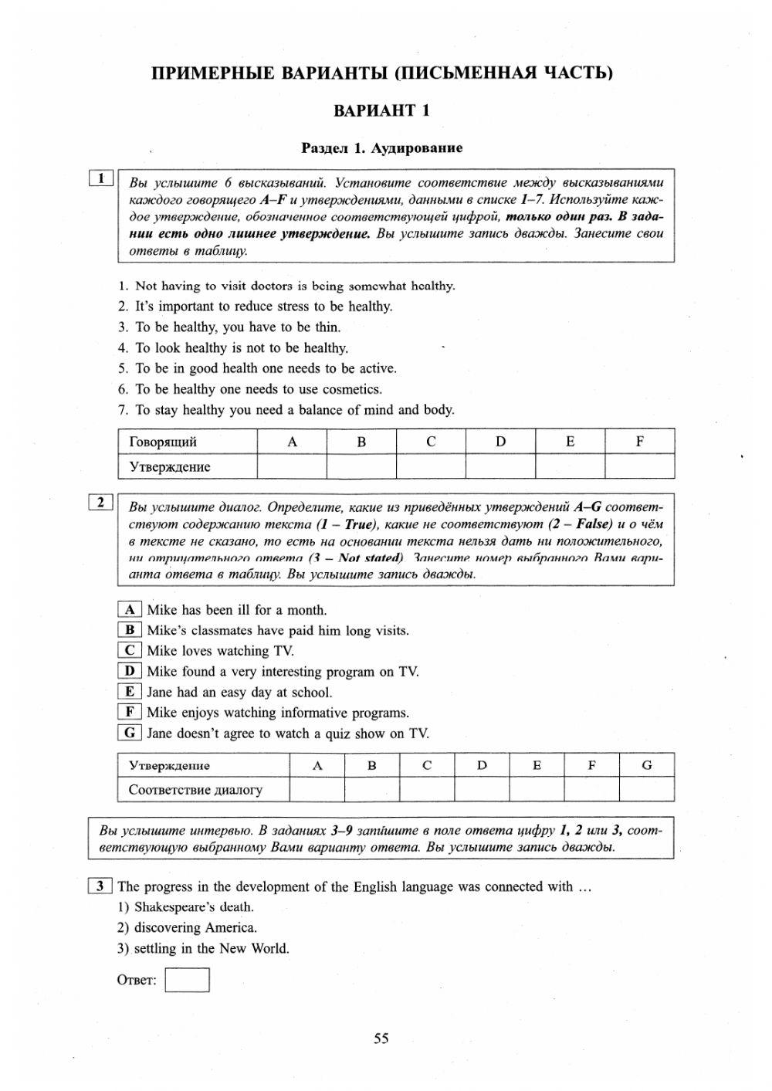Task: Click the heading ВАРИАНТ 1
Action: pyautogui.click(x=381, y=110)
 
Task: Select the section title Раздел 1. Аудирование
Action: pyautogui.click(x=381, y=147)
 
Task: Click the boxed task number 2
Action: pyautogui.click(x=101, y=503)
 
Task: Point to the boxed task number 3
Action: pyautogui.click(x=101, y=886)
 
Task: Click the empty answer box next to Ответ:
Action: pyautogui.click(x=187, y=980)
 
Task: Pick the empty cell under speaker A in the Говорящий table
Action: pyautogui.click(x=292, y=466)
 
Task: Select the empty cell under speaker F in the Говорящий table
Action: pyautogui.click(x=639, y=466)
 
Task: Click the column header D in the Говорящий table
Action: pyautogui.click(x=500, y=442)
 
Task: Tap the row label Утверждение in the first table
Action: pyautogui.click(x=169, y=466)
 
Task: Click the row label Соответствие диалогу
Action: pyautogui.click(x=195, y=789)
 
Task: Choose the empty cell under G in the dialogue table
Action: pyautogui.click(x=646, y=789)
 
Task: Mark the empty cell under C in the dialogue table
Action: pyautogui.click(x=426, y=789)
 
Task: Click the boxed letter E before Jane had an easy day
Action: pyautogui.click(x=130, y=692)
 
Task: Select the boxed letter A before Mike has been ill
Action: pyautogui.click(x=130, y=610)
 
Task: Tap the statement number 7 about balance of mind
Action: pyautogui.click(x=123, y=410)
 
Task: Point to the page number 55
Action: pyautogui.click(x=381, y=1038)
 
